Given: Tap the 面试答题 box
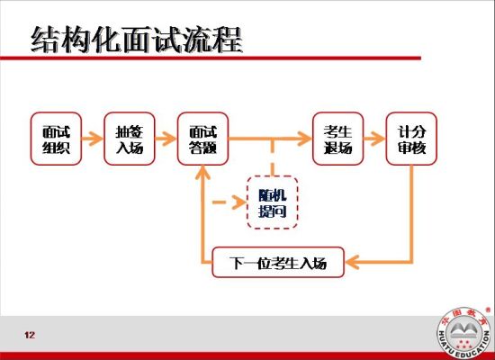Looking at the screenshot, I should pyautogui.click(x=202, y=139).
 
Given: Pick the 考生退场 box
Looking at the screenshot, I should pyautogui.click(x=337, y=139).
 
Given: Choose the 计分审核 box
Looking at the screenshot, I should pyautogui.click(x=411, y=139).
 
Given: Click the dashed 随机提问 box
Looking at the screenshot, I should pyautogui.click(x=272, y=203).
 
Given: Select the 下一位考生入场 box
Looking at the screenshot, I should pyautogui.click(x=278, y=264).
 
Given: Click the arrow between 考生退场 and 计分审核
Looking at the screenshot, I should pyautogui.click(x=373, y=139).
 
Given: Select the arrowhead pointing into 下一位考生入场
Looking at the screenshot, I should pyautogui.click(x=353, y=264).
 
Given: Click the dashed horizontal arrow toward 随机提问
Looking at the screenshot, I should pyautogui.click(x=226, y=202).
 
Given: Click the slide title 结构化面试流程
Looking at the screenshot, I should pyautogui.click(x=135, y=38).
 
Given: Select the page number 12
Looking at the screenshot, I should pyautogui.click(x=30, y=336).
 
